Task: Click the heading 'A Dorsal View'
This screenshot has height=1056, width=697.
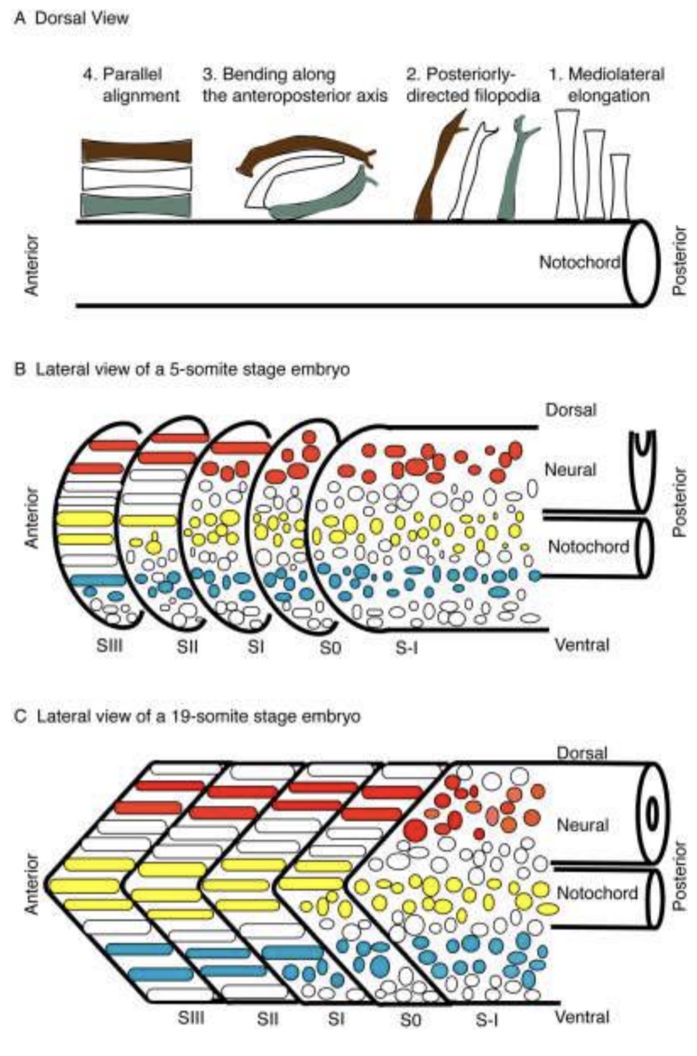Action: pyautogui.click(x=72, y=18)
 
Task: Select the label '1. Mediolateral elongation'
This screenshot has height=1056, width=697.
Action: pyautogui.click(x=607, y=85)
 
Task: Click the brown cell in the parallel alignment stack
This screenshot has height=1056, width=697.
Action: pyautogui.click(x=136, y=151)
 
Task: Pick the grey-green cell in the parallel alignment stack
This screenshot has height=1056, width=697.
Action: pyautogui.click(x=136, y=205)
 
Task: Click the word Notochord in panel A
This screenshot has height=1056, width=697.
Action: pyautogui.click(x=579, y=262)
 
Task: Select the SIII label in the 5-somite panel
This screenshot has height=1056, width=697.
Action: pyautogui.click(x=110, y=647)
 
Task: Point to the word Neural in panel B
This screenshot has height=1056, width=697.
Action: pyautogui.click(x=570, y=469)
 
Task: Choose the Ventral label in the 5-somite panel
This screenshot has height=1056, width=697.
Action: pyautogui.click(x=582, y=645)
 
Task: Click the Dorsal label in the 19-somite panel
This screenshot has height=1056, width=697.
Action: pyautogui.click(x=582, y=753)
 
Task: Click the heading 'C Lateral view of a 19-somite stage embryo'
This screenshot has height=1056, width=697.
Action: pyautogui.click(x=187, y=716)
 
